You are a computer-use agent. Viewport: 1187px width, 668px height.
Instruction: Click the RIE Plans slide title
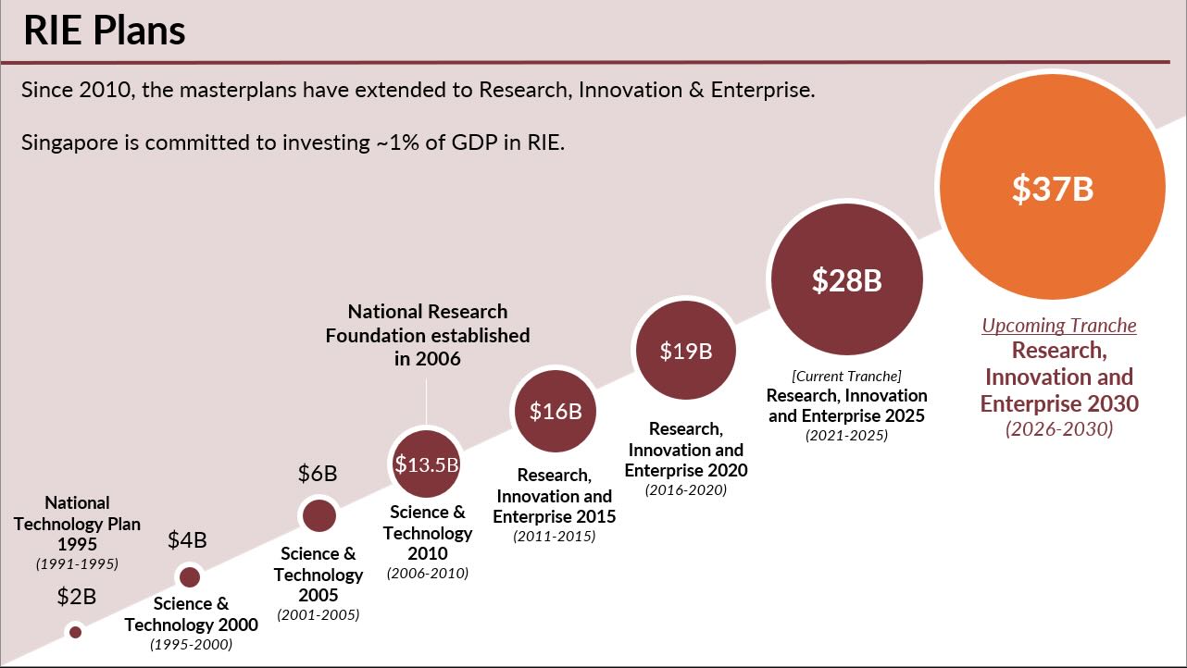104,31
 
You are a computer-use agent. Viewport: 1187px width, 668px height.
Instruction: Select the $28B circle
846,279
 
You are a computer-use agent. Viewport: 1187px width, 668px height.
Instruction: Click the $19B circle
684,351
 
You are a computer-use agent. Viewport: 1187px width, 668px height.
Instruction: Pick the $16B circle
555,411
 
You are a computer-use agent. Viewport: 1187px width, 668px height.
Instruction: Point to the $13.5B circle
426,464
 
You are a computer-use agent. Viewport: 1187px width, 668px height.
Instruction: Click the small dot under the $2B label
76,632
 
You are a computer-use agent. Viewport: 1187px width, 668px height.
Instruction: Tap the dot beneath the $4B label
190,577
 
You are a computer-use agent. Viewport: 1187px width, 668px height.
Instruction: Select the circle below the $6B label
319,515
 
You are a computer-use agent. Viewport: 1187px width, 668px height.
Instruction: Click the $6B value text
318,474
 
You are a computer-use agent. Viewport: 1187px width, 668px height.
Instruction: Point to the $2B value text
76,597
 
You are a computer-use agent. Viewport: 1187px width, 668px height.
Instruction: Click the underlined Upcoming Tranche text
1058,326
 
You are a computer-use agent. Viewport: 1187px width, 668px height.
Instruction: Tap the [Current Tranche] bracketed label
846,376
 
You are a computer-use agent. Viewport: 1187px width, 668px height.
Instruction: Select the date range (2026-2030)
1059,429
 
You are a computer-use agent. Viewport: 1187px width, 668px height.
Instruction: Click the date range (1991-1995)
78,563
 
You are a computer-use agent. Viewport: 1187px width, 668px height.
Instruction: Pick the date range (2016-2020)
685,490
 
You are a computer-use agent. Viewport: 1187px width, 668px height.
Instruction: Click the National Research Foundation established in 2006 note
427,335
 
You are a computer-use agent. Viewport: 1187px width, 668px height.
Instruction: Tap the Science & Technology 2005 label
319,575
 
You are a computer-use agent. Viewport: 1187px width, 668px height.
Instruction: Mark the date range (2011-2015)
554,537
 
